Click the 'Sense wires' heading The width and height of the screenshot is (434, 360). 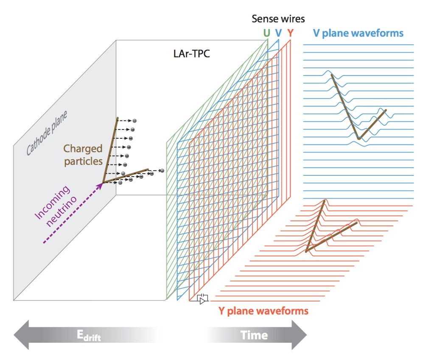[278, 19]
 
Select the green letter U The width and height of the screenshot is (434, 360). [266, 33]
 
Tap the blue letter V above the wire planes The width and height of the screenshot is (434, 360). [278, 33]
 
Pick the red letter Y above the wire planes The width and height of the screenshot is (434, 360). [290, 33]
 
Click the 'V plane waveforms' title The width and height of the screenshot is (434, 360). [358, 33]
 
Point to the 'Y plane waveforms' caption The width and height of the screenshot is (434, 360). [263, 311]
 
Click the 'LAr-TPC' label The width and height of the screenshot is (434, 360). [191, 54]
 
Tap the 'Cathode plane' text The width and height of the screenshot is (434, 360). [47, 133]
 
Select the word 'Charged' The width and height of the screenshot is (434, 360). [83, 149]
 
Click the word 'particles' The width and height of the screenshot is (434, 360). [83, 161]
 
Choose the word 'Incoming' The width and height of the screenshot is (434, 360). [52, 202]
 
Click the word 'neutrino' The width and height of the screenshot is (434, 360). [61, 211]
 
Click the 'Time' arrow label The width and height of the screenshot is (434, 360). [254, 335]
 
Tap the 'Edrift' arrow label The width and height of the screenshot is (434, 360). [89, 335]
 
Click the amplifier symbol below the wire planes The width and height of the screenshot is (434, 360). [203, 299]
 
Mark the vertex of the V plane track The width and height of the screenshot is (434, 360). [359, 138]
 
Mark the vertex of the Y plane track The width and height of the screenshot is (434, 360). [306, 251]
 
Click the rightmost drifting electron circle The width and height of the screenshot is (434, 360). [162, 171]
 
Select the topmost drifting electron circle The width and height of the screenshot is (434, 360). [134, 121]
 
